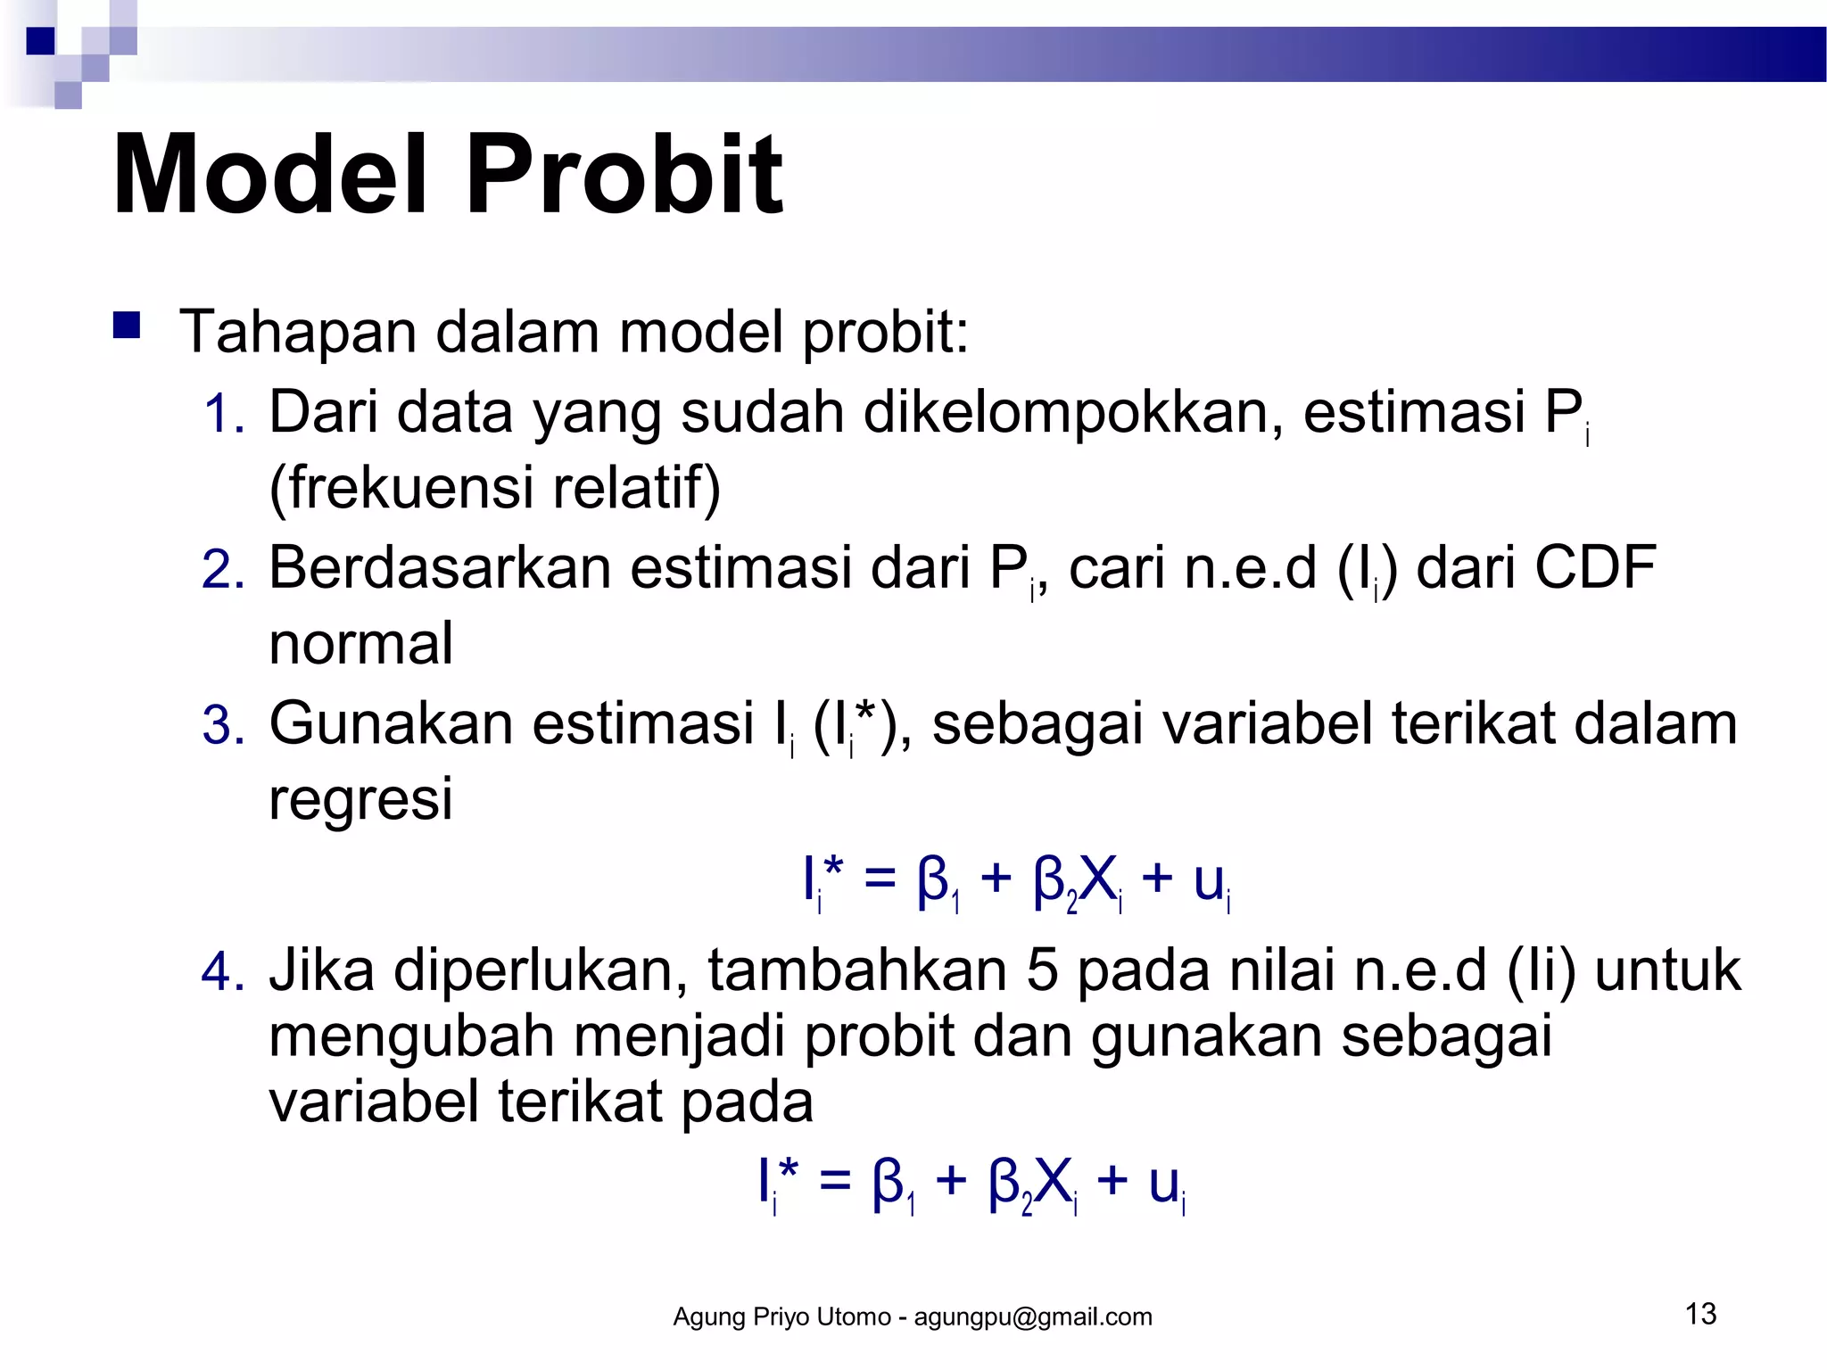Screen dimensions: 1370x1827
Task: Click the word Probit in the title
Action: point(624,176)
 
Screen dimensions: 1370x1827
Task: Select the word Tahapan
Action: point(298,332)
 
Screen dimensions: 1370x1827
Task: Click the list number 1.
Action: point(222,415)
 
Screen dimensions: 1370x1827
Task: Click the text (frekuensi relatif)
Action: point(494,488)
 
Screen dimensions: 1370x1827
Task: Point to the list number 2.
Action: point(222,570)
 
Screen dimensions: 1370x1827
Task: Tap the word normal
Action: point(360,644)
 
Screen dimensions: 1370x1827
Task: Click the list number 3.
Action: point(222,725)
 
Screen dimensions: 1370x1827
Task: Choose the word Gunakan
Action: point(391,723)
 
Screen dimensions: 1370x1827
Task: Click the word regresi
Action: point(360,799)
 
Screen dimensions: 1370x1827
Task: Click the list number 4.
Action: point(222,972)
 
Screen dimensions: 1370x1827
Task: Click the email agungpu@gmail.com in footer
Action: point(1033,1317)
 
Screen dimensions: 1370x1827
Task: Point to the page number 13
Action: point(1700,1314)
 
